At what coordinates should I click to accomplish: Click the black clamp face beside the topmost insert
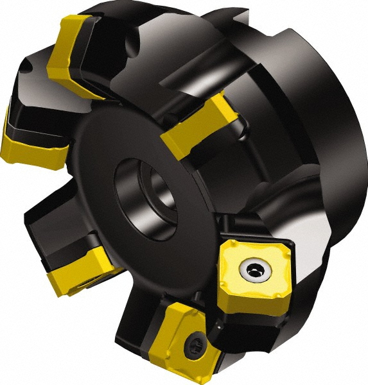pos(109,45)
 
